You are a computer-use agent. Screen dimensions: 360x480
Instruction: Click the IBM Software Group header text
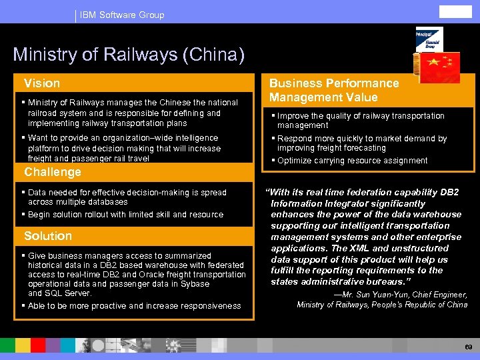tap(121, 15)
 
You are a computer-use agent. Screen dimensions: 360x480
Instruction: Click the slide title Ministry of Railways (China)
tap(129, 54)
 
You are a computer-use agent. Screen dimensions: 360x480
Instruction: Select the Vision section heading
tap(42, 83)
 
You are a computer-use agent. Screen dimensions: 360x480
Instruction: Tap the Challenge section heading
tap(52, 172)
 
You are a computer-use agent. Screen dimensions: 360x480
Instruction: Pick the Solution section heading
tap(47, 236)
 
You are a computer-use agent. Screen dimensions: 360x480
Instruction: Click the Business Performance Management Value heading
tap(333, 90)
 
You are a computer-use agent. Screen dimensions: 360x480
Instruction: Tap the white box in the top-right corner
tap(455, 12)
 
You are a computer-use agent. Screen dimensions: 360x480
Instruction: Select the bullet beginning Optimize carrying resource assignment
tap(352, 161)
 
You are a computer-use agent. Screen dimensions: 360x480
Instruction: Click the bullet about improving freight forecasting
tap(361, 143)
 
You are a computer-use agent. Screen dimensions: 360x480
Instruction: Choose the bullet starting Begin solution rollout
tap(125, 215)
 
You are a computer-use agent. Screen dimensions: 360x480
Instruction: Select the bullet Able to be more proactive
tap(134, 306)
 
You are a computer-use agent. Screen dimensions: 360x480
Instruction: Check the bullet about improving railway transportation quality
tap(361, 121)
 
